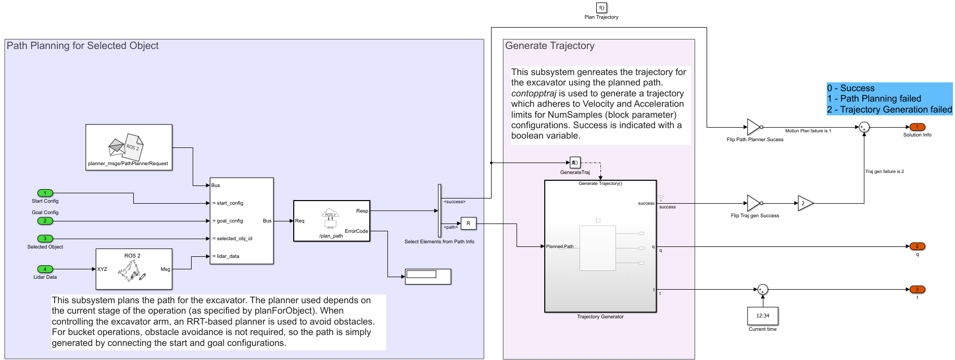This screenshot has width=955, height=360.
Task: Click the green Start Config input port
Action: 45,193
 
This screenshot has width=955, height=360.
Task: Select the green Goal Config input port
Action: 45,221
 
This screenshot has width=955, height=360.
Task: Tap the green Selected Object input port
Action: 45,239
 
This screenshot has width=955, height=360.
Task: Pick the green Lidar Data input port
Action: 45,269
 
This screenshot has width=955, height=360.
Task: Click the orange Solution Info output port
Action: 917,127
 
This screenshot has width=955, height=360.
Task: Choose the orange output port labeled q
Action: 917,246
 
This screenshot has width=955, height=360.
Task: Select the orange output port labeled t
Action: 917,290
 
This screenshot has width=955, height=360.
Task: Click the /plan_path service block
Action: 332,221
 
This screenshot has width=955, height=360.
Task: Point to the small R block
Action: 468,224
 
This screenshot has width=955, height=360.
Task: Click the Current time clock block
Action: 762,316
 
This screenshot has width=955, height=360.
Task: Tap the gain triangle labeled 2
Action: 805,203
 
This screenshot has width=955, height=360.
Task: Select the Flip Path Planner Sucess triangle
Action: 753,127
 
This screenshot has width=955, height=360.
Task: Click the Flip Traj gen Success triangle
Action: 753,203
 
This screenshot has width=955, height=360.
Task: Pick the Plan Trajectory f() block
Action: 601,8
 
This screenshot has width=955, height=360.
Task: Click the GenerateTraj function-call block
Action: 575,163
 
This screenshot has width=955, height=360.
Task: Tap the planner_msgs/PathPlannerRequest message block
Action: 129,147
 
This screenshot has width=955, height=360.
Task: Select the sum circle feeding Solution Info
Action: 864,127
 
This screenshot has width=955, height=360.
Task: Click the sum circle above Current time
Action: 762,290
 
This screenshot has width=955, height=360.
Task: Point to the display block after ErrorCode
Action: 428,276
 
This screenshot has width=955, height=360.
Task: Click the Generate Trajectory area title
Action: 549,46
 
